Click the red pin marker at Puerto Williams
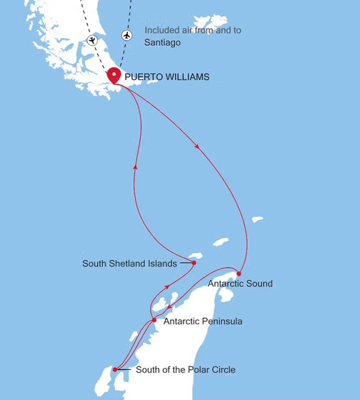click(x=114, y=76)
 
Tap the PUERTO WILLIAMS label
click(x=167, y=75)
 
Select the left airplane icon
click(x=91, y=39)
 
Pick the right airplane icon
click(x=127, y=34)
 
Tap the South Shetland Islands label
click(x=129, y=264)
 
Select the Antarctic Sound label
click(x=240, y=284)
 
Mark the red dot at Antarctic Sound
click(x=239, y=274)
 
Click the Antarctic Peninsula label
click(x=203, y=321)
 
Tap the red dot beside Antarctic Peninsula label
click(x=154, y=320)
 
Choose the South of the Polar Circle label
click(x=185, y=369)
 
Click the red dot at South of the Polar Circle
click(x=115, y=369)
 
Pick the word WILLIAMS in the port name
click(x=189, y=75)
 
